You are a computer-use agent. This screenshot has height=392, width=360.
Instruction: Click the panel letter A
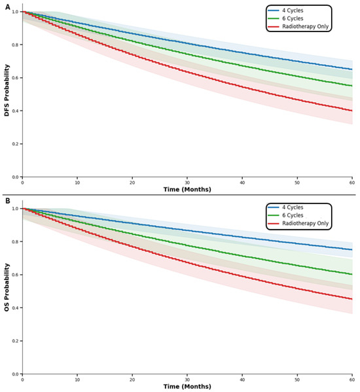tap(8, 7)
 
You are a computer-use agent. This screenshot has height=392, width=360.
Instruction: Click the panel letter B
tap(8, 201)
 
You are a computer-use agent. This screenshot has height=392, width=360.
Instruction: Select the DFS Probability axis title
tap(7, 90)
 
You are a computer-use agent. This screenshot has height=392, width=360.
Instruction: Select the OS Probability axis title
tap(7, 287)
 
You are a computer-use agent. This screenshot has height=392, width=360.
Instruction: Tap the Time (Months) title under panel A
tap(187, 190)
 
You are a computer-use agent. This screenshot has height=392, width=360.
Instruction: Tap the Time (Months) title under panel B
tap(187, 387)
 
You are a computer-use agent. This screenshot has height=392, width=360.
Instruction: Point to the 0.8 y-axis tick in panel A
tap(16, 45)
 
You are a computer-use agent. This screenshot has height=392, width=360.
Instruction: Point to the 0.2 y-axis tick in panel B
tap(16, 341)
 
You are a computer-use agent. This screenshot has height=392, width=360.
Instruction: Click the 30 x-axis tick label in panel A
tap(187, 183)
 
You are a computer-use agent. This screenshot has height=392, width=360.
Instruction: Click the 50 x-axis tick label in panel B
tap(297, 380)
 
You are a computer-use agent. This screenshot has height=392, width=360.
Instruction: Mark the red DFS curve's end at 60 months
tap(352, 111)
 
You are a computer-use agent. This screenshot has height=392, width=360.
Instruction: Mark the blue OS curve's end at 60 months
tap(352, 249)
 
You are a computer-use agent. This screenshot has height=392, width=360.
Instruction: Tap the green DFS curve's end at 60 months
tap(352, 86)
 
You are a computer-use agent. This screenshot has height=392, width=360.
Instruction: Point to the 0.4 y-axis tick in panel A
tap(16, 111)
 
